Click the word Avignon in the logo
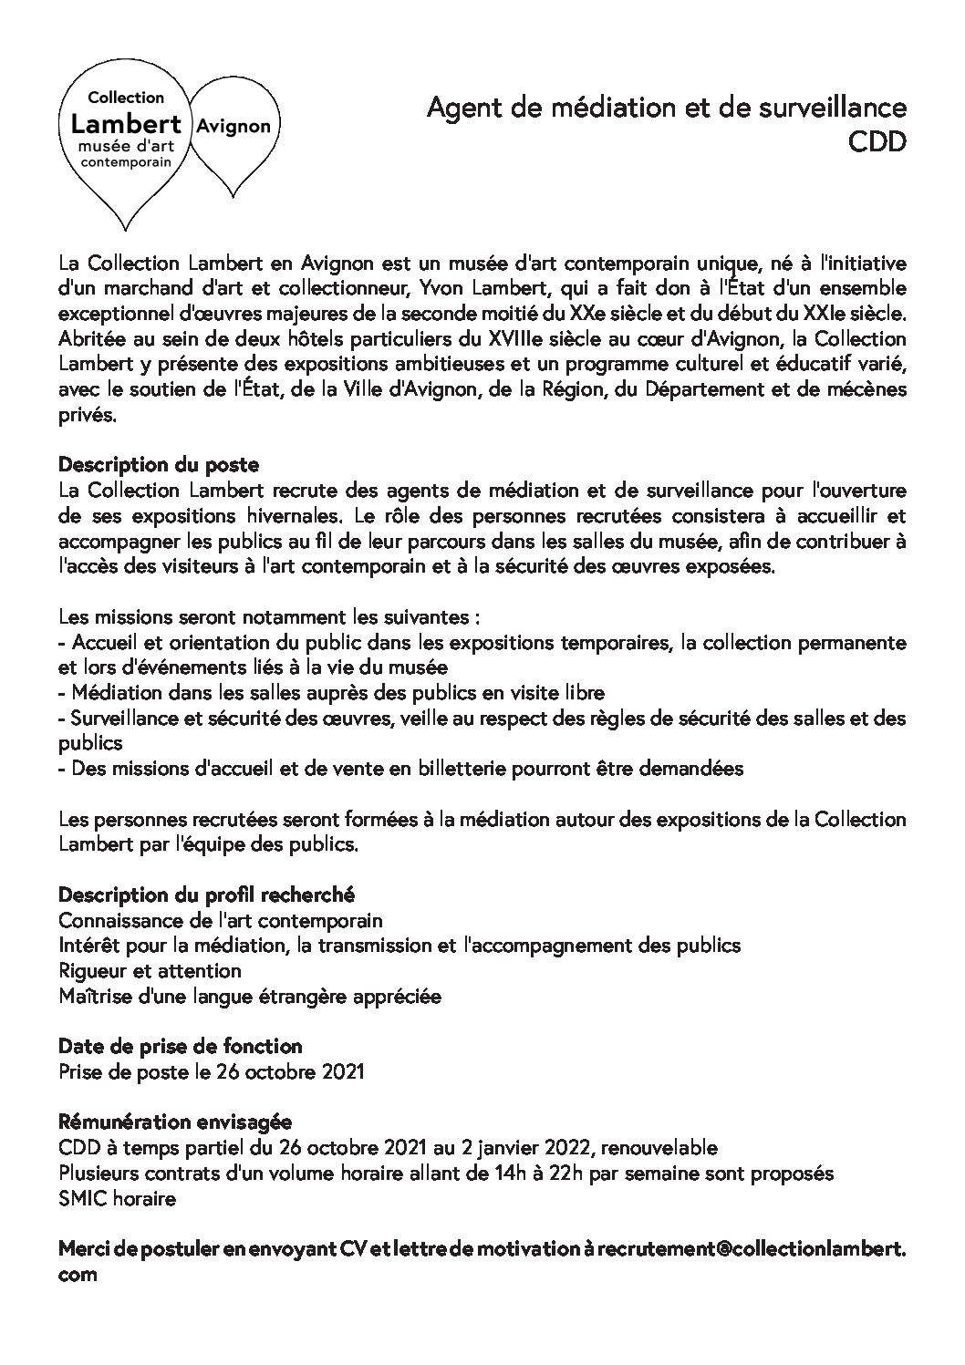[233, 126]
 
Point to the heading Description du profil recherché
[206, 894]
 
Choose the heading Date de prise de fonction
[180, 1046]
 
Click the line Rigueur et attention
[150, 970]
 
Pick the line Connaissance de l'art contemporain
[220, 920]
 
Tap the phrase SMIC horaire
[117, 1198]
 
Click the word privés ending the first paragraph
[87, 415]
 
